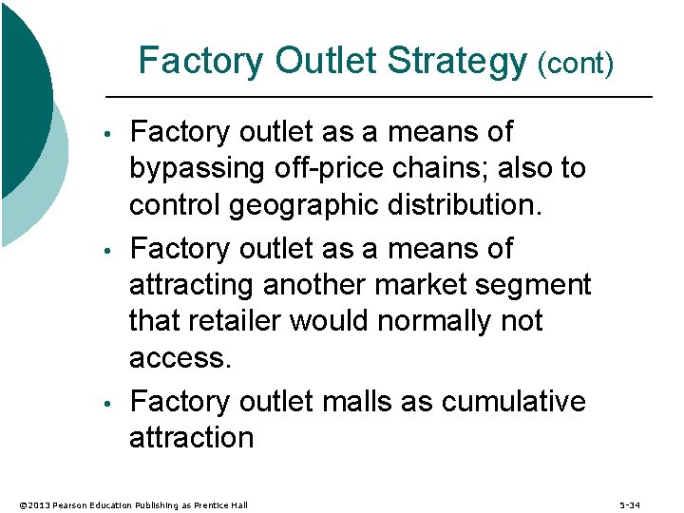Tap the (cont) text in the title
coord(576,65)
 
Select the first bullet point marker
coord(111,133)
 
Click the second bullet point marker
coord(111,251)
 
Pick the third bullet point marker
coord(111,404)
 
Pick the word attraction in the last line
coord(191,438)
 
